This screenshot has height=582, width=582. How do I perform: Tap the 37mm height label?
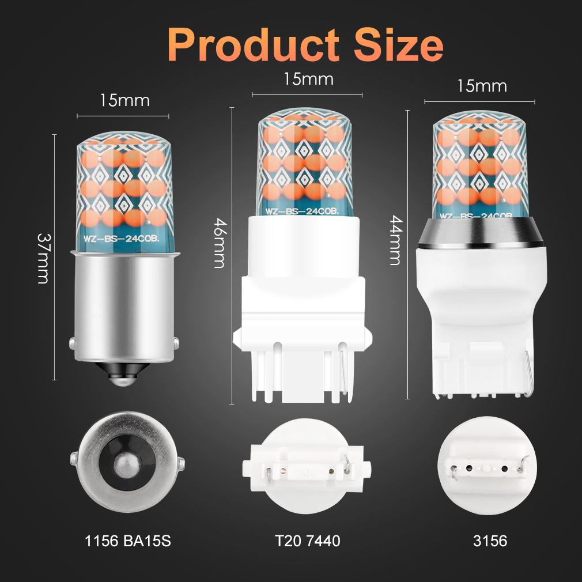coord(43,258)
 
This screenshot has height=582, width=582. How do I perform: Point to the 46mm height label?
coord(220,242)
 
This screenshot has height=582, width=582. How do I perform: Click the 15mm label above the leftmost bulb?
coord(124,100)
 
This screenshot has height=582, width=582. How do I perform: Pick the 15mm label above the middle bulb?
coord(308,79)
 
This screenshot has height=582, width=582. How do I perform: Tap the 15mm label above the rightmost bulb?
coord(482,86)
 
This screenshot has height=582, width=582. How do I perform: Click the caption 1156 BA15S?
coord(128,541)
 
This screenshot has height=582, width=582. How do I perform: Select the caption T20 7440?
coord(307,541)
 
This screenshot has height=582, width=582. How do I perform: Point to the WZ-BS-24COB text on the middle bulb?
coord(302,211)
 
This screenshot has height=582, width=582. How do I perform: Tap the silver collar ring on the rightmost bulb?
coord(481,233)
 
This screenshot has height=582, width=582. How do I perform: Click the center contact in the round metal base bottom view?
coord(127,464)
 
